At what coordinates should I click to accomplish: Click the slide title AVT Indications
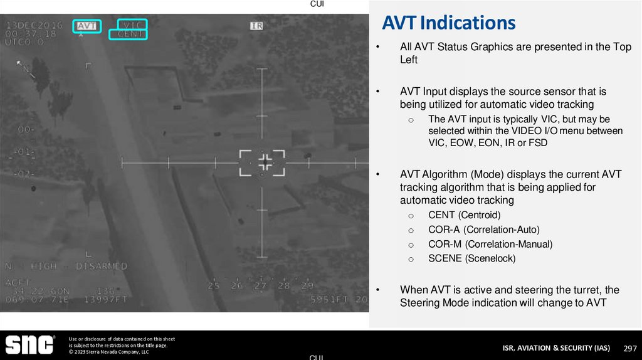click(449, 23)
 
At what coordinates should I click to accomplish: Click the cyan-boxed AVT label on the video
click(87, 26)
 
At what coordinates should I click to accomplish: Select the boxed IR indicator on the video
click(256, 26)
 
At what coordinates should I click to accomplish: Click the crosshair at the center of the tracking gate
click(264, 162)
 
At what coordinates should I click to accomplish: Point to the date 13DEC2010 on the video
click(30, 26)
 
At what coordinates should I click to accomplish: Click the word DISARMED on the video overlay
click(102, 267)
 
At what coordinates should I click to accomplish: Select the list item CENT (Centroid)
click(464, 215)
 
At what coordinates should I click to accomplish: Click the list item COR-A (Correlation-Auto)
click(483, 230)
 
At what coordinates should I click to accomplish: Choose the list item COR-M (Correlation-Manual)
click(490, 244)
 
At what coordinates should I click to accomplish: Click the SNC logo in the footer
click(29, 346)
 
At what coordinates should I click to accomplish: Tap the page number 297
click(630, 348)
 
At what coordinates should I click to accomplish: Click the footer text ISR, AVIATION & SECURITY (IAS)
click(556, 348)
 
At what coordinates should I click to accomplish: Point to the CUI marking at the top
click(318, 4)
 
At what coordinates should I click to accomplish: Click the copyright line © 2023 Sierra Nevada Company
click(108, 352)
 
